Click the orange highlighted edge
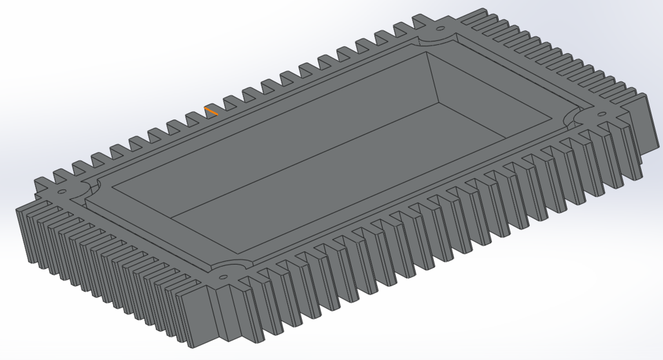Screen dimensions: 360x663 point(211,111)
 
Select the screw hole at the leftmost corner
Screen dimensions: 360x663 point(61,191)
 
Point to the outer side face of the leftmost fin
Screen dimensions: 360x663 point(24,235)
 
